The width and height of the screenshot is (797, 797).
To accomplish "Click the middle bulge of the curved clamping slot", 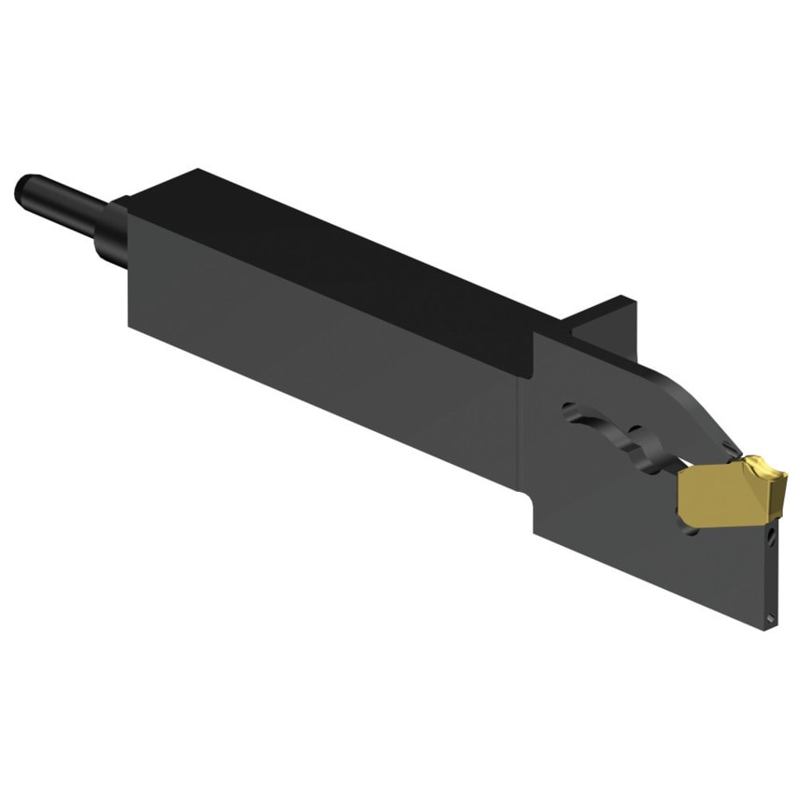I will [635, 439].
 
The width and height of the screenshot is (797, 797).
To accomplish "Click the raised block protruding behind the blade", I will [607, 317].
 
